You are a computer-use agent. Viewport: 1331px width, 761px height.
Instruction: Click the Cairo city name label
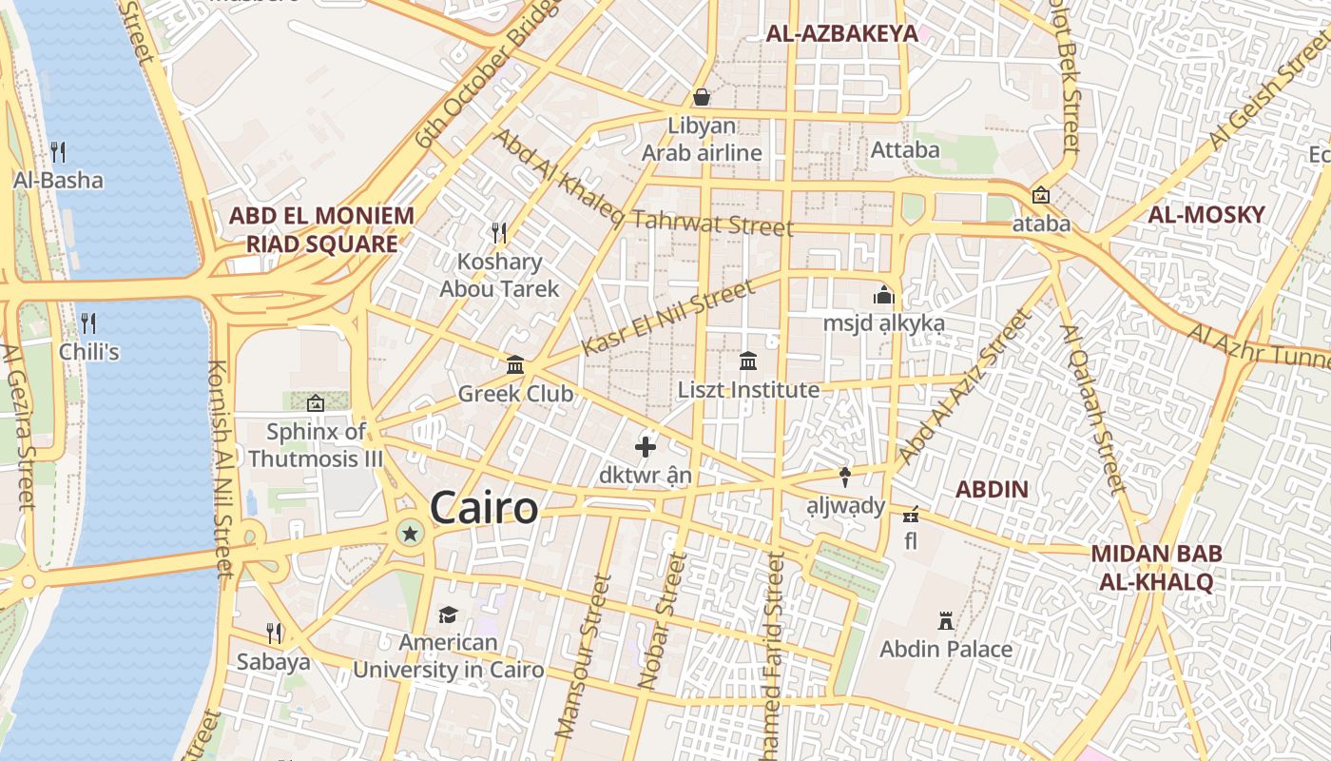click(x=484, y=508)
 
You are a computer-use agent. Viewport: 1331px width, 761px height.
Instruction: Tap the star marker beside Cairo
click(x=410, y=534)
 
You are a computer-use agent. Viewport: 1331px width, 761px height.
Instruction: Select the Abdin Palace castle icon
click(x=946, y=621)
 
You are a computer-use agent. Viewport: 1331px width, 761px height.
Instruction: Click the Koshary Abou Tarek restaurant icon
click(x=498, y=231)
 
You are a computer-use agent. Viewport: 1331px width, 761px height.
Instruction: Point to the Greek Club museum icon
click(x=515, y=364)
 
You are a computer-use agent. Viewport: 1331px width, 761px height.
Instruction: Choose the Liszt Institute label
click(x=748, y=390)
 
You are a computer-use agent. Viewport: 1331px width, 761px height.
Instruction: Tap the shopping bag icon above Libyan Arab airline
click(x=702, y=97)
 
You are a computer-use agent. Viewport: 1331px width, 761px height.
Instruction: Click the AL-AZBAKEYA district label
click(x=842, y=34)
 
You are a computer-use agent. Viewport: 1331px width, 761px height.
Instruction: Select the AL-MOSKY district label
click(x=1206, y=214)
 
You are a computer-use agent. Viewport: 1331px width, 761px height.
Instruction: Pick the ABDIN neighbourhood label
click(x=992, y=490)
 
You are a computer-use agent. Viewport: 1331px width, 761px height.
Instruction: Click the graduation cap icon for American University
click(x=448, y=615)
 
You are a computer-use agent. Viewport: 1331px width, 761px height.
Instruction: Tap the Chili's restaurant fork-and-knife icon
click(x=88, y=322)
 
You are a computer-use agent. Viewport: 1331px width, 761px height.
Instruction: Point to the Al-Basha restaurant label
click(x=58, y=180)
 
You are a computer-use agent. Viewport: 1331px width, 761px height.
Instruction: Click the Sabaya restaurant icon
click(x=274, y=633)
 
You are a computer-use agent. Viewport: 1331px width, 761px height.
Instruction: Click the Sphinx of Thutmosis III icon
click(x=316, y=403)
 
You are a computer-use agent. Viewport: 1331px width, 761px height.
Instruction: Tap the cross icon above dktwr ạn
click(x=646, y=446)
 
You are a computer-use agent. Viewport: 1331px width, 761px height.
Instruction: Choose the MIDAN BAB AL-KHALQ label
click(x=1156, y=568)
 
